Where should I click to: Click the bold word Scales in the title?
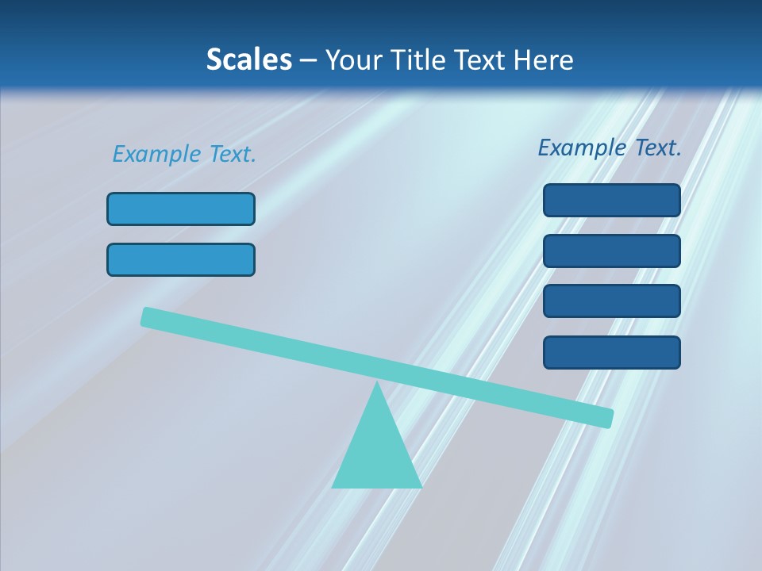pos(248,59)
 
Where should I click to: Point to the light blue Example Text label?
pos(184,154)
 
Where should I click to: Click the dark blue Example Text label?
pos(610,148)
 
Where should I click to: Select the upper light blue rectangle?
pos(181,209)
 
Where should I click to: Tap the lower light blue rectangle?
pos(181,259)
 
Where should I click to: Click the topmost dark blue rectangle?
pos(611,200)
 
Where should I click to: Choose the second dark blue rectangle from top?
pos(611,251)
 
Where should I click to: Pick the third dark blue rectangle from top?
pos(611,301)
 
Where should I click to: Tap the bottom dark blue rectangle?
pos(611,352)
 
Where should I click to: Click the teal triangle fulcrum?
pos(377,452)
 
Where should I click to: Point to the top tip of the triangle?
pos(378,383)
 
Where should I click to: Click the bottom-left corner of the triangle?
pos(333,486)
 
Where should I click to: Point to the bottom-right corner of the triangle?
pos(420,486)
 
